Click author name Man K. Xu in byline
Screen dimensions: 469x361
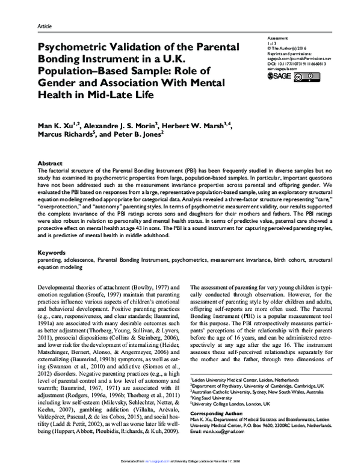[60, 125]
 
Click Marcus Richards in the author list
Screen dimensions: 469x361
[66, 135]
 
